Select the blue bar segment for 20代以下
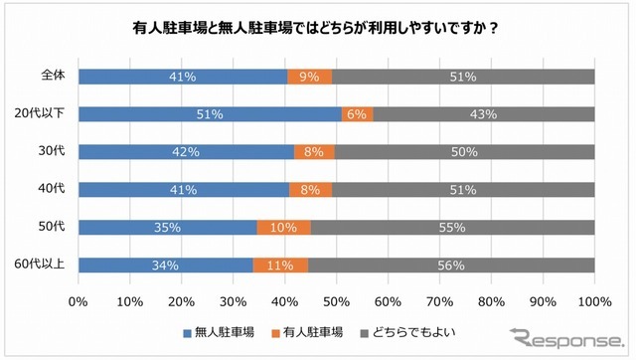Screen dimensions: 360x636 209,114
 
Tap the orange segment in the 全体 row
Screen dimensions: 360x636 309,77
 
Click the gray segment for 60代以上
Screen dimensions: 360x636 452,266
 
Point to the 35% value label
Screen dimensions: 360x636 166,228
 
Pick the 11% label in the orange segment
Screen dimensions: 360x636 280,266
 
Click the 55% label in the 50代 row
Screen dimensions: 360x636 452,228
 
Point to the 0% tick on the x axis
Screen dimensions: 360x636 78,300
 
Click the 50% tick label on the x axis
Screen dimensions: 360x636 336,300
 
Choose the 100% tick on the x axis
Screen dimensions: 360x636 593,300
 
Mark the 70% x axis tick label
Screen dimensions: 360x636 439,300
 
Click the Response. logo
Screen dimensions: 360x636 567,335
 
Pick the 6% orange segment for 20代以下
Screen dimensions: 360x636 357,114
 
